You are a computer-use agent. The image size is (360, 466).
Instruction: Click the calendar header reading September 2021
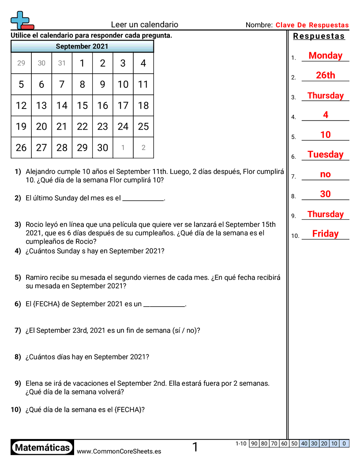82,46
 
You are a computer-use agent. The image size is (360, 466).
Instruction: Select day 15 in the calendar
82,105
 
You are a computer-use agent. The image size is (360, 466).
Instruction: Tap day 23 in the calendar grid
102,127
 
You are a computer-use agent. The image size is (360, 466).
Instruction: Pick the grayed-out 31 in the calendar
62,63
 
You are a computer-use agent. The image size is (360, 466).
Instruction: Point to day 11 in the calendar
143,84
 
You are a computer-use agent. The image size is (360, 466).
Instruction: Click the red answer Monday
325,56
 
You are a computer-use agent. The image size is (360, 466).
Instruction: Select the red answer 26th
325,75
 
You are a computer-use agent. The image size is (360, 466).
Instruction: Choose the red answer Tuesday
325,154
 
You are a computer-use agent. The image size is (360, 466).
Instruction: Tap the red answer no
325,174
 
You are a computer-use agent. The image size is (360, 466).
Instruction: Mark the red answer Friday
325,234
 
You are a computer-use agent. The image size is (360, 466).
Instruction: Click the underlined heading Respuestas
319,36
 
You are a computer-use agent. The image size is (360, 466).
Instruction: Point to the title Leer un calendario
144,25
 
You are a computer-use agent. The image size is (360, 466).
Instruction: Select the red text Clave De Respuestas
312,25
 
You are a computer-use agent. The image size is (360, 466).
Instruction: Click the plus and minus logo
22,20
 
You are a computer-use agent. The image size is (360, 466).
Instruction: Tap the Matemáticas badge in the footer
42,448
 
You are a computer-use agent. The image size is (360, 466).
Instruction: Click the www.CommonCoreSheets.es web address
119,451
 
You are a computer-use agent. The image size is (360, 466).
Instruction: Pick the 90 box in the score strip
254,443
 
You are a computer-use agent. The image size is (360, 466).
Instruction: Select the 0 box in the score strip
344,443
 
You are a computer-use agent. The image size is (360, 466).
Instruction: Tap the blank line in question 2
142,199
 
